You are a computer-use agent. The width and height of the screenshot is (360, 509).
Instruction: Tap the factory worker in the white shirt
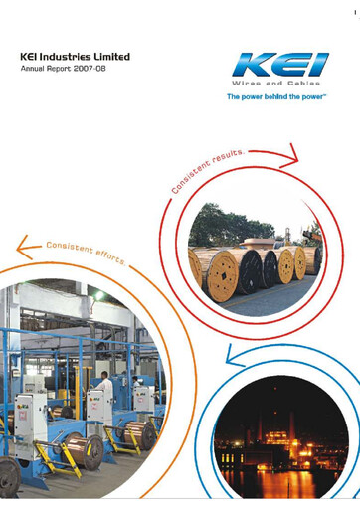[x=104, y=386]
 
